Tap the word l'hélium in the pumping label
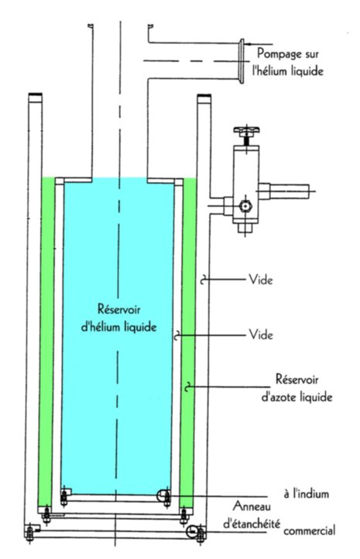tap(270, 70)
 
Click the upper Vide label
tap(261, 279)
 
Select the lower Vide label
tap(261, 334)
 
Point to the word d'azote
tap(279, 396)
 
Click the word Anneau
tap(252, 506)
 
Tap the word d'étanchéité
tap(252, 523)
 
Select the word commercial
tap(310, 530)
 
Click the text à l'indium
tap(306, 494)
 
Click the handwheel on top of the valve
tap(246, 130)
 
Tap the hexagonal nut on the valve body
tap(245, 206)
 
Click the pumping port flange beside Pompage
tap(242, 61)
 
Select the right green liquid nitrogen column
tap(188, 342)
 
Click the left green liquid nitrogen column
tap(46, 342)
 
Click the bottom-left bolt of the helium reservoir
tap(64, 497)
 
